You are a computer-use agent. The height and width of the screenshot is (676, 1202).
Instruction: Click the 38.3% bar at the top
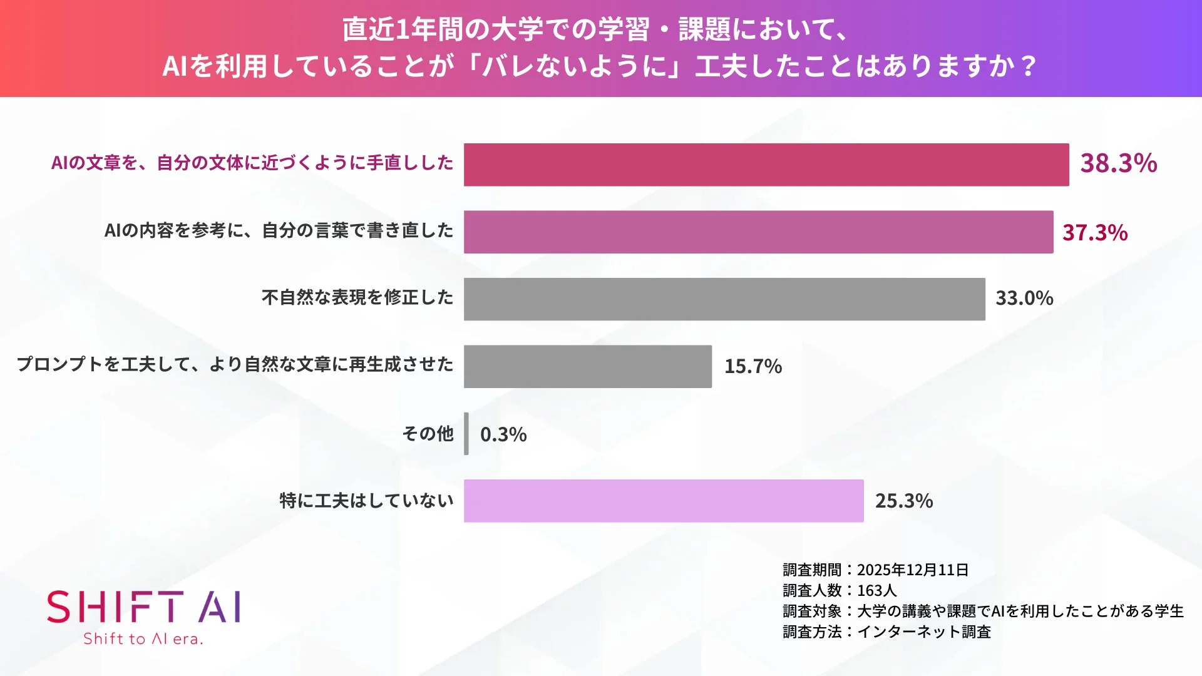point(766,165)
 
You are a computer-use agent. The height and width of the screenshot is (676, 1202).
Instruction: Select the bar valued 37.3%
point(758,232)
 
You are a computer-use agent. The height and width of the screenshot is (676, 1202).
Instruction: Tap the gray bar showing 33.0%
point(724,299)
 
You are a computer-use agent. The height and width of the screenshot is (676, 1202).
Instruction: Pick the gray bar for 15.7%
point(587,367)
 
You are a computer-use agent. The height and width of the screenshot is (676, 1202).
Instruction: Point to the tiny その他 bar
point(466,434)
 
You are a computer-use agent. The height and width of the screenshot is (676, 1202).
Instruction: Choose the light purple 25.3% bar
point(664,501)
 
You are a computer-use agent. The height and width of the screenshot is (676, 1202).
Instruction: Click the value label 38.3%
point(1118,163)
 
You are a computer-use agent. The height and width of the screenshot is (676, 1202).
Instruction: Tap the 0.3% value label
point(503,434)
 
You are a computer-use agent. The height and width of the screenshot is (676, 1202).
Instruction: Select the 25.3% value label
point(903,501)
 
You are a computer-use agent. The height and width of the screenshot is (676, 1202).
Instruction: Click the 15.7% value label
point(753,367)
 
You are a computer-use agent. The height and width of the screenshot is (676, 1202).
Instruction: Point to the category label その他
point(428,433)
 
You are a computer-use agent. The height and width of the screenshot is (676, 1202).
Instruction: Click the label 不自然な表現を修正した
point(357,297)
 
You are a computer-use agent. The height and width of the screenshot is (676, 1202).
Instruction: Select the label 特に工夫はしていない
point(366,501)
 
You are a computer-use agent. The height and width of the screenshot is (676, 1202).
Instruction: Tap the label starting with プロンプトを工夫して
point(235,364)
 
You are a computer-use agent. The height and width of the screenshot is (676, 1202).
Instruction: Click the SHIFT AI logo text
point(144,607)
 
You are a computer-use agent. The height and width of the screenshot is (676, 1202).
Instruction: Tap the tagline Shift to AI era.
point(143,639)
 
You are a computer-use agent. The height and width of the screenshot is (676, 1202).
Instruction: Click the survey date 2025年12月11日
point(912,570)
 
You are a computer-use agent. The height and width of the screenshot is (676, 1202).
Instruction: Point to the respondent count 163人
point(876,591)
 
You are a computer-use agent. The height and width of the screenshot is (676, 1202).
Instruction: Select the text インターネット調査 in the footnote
point(923,632)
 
